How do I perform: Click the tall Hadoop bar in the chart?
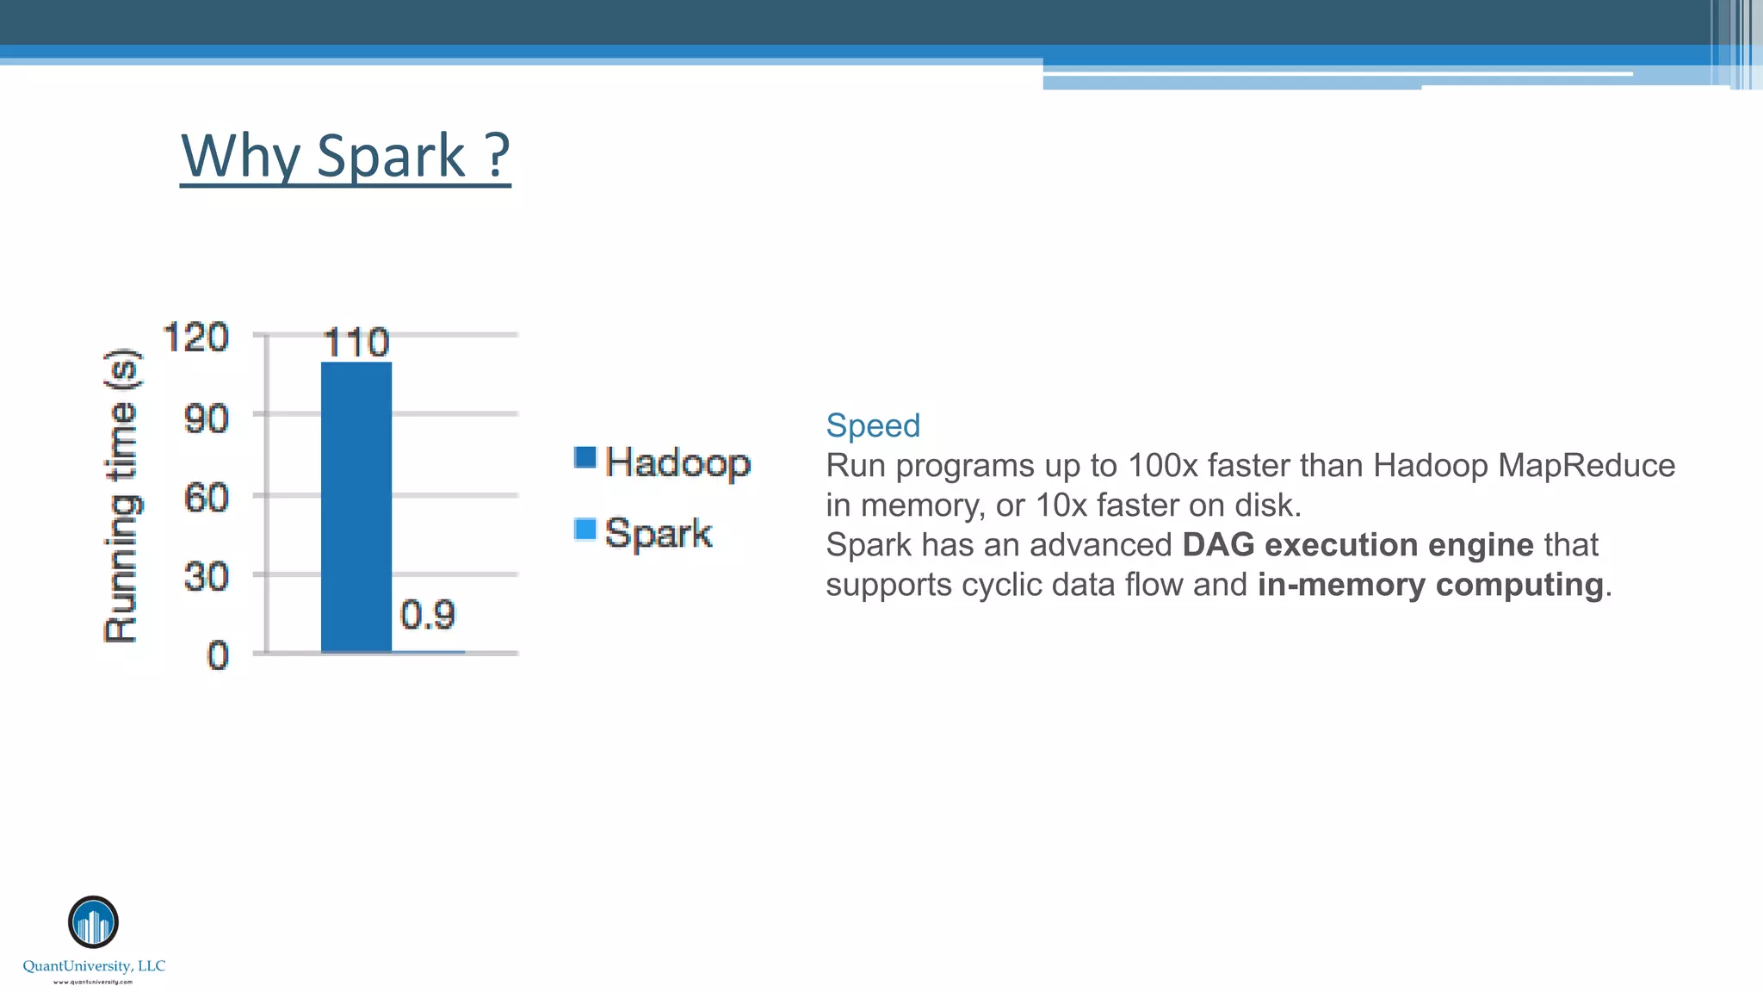[356, 508]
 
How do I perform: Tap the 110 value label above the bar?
[356, 343]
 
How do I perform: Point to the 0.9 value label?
[428, 615]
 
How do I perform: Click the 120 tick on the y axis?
[196, 337]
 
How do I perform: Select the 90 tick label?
[207, 418]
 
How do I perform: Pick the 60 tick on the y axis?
[207, 498]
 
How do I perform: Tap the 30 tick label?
[207, 576]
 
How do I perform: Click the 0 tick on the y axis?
[218, 655]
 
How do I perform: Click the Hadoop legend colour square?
[585, 457]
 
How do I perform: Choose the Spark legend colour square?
[585, 529]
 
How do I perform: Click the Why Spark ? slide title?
[345, 156]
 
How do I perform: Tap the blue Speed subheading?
[873, 425]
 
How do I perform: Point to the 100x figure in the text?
[1162, 466]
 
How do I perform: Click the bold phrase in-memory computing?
[1430, 585]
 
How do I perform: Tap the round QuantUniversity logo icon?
[93, 921]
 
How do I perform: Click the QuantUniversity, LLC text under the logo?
[94, 966]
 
